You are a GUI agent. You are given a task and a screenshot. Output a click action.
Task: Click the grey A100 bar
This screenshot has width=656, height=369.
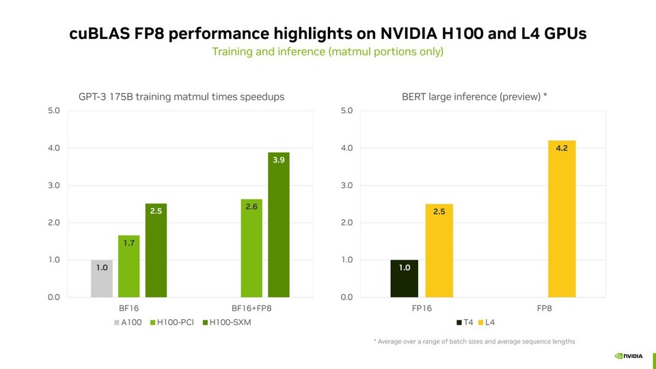pos(101,279)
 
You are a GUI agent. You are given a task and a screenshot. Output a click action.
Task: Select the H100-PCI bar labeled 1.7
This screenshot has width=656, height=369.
pos(128,266)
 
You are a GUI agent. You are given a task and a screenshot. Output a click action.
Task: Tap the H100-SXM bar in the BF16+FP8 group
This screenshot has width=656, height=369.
pos(278,225)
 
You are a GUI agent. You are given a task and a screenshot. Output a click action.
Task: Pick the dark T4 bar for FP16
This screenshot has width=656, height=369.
pos(404,279)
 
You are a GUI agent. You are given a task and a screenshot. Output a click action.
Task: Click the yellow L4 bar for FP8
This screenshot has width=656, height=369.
pos(562,219)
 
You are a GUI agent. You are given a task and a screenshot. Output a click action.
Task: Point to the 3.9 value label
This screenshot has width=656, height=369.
pos(278,159)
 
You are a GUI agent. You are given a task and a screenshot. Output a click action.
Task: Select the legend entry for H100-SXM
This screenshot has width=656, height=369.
pos(228,322)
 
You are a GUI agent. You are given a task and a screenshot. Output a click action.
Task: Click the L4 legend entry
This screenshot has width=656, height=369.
pos(486,322)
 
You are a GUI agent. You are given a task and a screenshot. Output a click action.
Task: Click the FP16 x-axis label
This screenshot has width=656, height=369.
pos(422,309)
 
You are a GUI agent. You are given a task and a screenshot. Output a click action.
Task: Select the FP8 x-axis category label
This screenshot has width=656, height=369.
pos(544,309)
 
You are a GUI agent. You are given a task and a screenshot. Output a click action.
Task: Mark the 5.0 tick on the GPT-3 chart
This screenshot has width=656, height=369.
pos(53,111)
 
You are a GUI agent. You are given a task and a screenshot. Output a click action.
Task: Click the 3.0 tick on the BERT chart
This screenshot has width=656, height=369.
pos(346,185)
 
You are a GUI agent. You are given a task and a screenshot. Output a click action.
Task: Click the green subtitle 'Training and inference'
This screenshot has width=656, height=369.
pos(327,52)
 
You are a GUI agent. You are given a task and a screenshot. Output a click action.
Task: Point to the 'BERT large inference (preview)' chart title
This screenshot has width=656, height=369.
pos(474,97)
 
